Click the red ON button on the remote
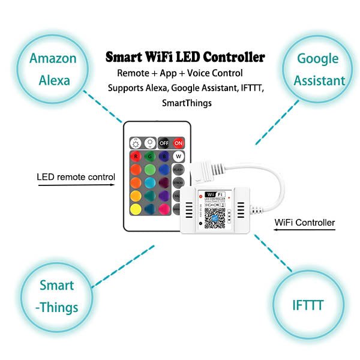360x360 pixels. [178, 143]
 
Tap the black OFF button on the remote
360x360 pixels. [164, 143]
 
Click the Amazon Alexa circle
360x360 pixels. [53, 70]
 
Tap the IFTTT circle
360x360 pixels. [309, 305]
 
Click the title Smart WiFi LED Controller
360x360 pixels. [185, 58]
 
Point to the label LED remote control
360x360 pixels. [76, 177]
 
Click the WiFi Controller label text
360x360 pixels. [304, 223]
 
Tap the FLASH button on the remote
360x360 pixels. [178, 170]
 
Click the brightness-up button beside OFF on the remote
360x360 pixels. [149, 143]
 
